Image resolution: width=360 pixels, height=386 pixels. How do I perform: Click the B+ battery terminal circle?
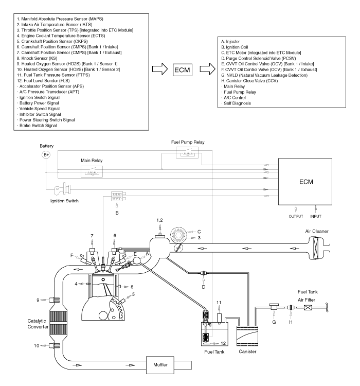[46, 154]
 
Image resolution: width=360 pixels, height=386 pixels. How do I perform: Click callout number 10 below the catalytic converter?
[37, 345]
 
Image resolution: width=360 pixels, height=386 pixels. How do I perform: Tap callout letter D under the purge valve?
[204, 287]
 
